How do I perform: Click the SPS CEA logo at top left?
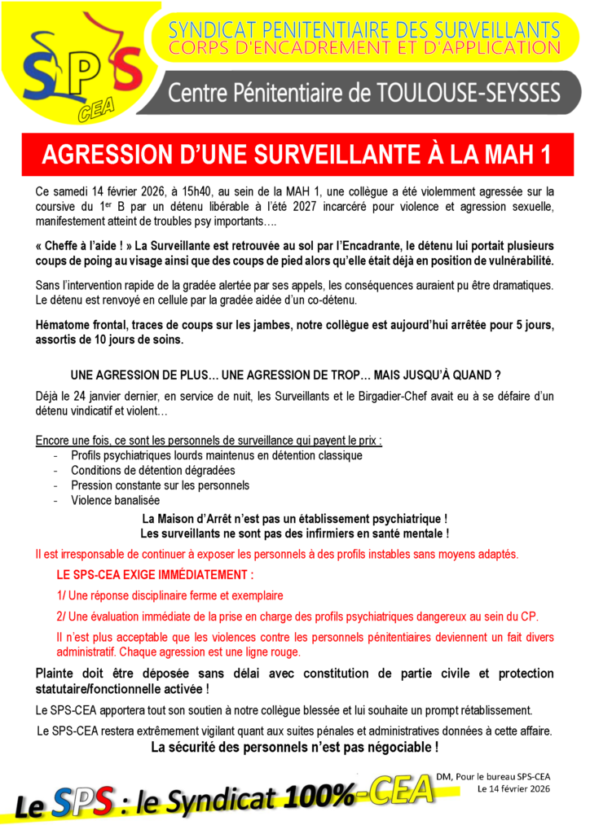click(x=77, y=69)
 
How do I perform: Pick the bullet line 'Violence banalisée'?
click(x=115, y=500)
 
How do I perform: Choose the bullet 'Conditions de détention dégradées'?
click(x=152, y=471)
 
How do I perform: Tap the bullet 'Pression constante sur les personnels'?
click(x=160, y=485)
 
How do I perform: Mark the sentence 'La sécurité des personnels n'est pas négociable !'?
click(x=294, y=747)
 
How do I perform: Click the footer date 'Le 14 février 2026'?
click(x=514, y=789)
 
